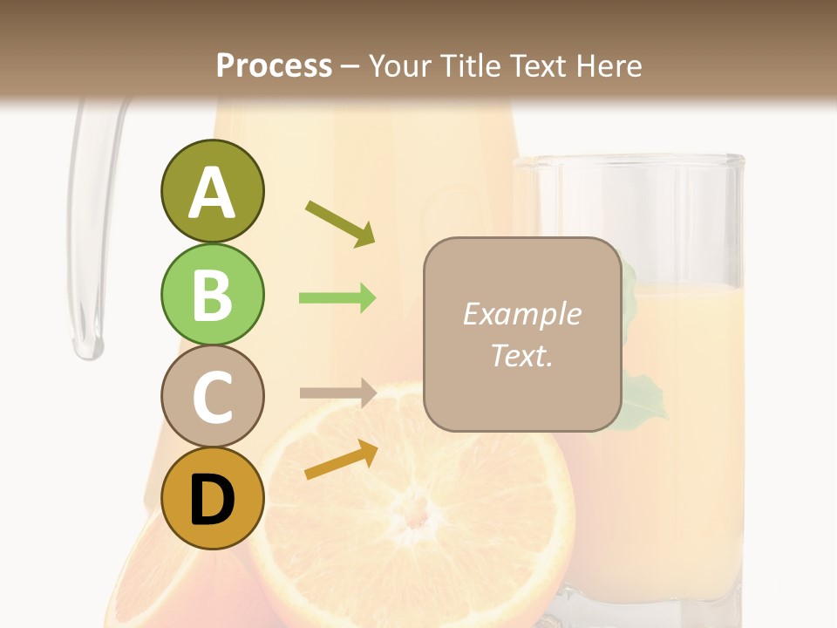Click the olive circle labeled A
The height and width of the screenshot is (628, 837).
212,191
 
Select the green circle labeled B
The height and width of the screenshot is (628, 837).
212,294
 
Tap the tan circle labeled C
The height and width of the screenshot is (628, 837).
212,396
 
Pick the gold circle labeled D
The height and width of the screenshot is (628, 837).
212,499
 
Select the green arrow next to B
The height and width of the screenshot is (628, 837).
337,298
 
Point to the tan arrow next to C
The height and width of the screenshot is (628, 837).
337,393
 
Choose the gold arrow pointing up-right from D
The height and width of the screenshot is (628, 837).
341,461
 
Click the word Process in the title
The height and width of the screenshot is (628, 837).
274,65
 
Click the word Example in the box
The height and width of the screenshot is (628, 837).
521,314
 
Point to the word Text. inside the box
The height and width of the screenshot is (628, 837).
521,355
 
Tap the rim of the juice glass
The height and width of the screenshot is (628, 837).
628,160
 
